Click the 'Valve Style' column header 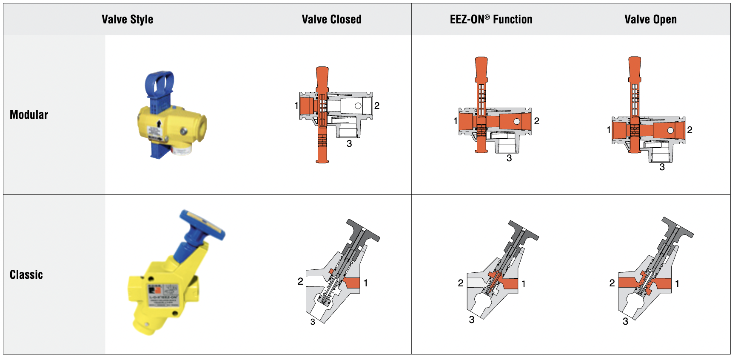127,20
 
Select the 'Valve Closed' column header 331,20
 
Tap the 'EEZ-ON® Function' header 491,20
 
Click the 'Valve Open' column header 650,20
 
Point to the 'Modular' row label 29,115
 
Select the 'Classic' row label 26,275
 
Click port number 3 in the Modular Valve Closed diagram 349,144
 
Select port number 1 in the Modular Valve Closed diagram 296,106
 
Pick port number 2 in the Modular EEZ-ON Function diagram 537,121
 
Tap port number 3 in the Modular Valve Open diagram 662,167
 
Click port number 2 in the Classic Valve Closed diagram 300,281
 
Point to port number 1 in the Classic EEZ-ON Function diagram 524,284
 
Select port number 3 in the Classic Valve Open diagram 625,321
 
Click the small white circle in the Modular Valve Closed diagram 358,106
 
